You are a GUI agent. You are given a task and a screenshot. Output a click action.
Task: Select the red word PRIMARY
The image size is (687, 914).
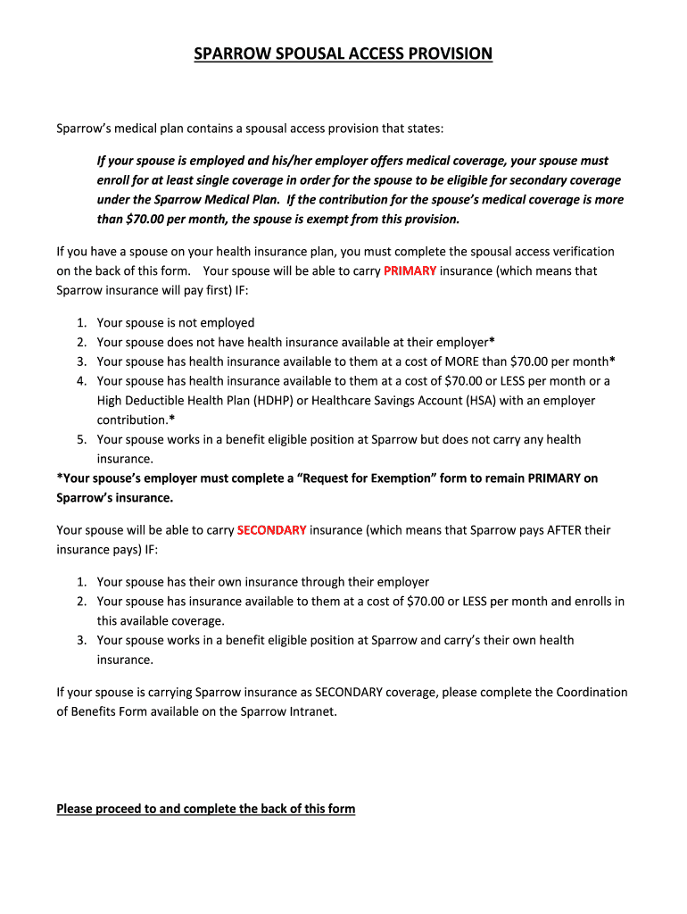(x=410, y=270)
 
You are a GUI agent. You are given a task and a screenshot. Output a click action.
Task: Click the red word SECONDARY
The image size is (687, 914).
(x=272, y=530)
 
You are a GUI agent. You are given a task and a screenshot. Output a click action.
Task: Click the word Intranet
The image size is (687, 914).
(x=312, y=711)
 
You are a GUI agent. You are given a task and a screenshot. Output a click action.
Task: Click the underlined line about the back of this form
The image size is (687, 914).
(x=205, y=809)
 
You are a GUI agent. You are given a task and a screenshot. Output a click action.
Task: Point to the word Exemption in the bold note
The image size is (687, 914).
(x=402, y=478)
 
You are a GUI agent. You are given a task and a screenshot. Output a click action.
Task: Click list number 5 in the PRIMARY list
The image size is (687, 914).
(x=80, y=439)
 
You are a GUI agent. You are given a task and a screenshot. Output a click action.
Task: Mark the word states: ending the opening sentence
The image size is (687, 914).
(x=422, y=129)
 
